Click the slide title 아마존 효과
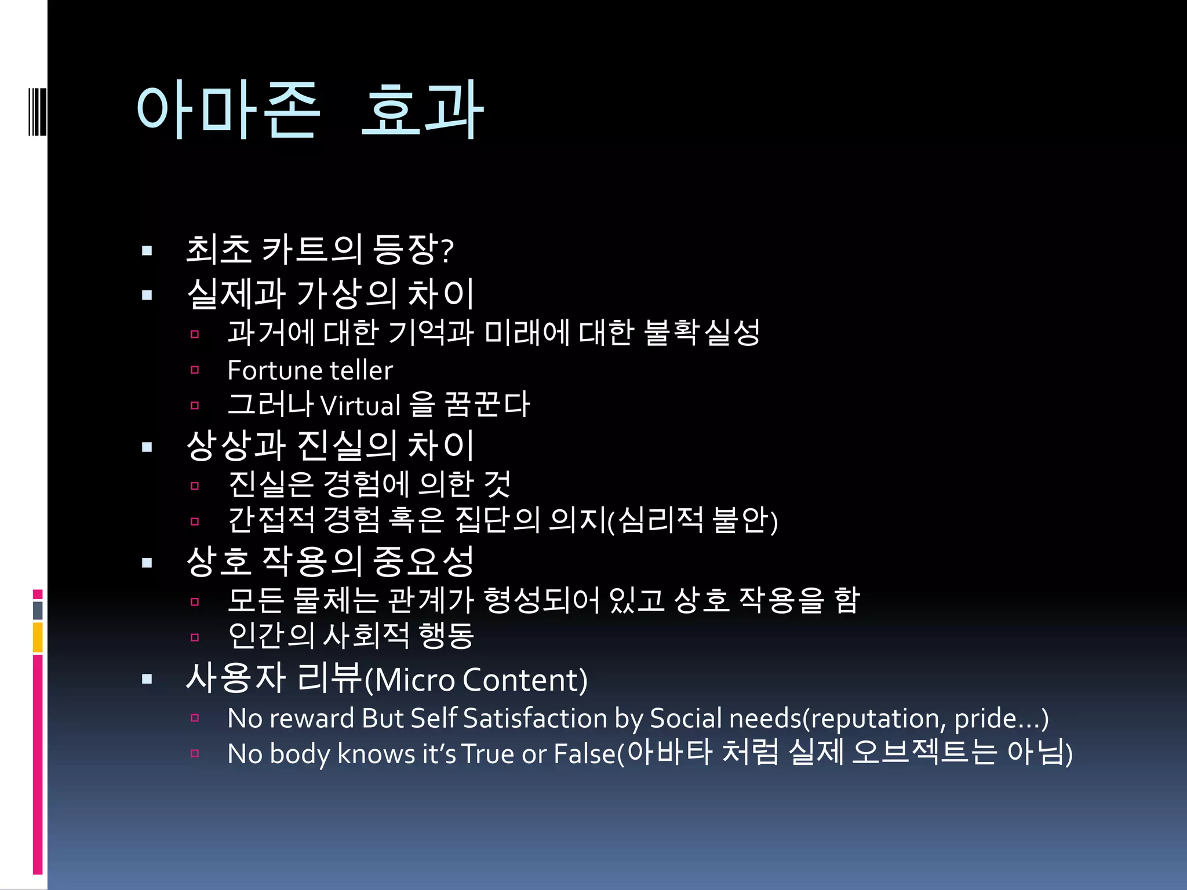(x=310, y=110)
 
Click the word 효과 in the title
(x=422, y=110)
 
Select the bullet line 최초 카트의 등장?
(x=319, y=250)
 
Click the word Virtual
(x=360, y=406)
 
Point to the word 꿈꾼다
(x=487, y=404)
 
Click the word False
(x=584, y=754)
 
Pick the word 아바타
(x=669, y=752)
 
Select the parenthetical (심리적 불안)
(x=693, y=520)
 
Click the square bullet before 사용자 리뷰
(x=147, y=679)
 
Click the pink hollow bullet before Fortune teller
(x=195, y=370)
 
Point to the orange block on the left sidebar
(x=38, y=637)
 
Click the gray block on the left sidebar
(x=38, y=610)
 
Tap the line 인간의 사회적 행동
(x=351, y=636)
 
